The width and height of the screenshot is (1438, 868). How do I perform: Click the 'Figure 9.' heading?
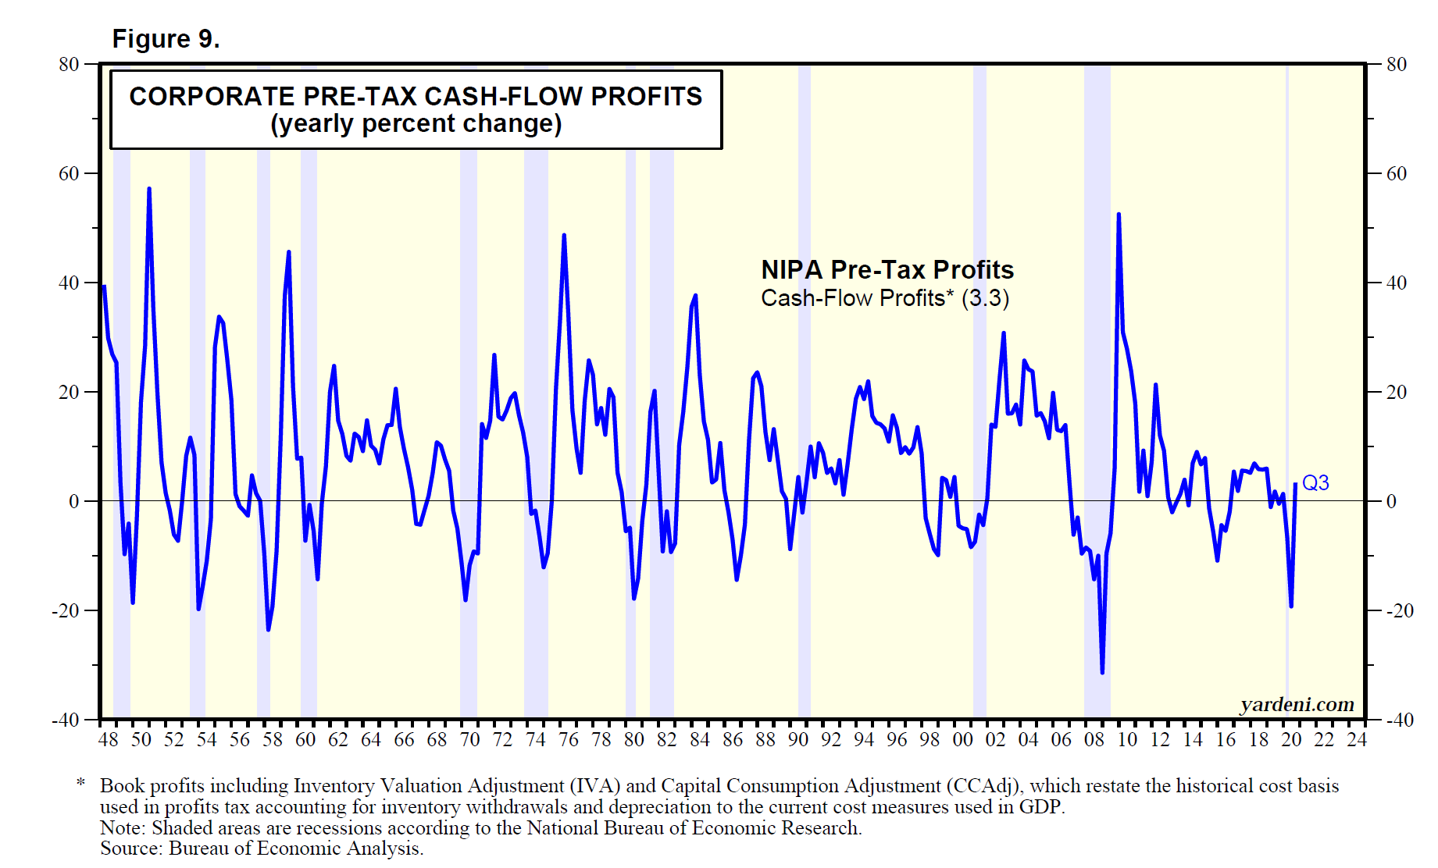[x=166, y=39]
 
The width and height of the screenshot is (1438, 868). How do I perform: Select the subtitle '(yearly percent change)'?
[x=416, y=124]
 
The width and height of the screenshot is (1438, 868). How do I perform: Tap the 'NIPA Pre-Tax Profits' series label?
[x=887, y=270]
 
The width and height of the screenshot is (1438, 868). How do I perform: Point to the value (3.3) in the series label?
[x=985, y=298]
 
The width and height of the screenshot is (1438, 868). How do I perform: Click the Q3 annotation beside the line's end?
[x=1315, y=483]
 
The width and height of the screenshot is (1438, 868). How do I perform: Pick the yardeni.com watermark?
[x=1297, y=705]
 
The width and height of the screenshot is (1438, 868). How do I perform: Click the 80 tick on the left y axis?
[x=69, y=65]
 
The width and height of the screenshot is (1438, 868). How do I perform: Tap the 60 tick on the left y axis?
[x=69, y=174]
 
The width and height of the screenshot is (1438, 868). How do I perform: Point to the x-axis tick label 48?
[x=108, y=740]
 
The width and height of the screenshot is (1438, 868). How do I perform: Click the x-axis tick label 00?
[x=962, y=740]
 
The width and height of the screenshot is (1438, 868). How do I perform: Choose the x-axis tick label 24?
[x=1357, y=740]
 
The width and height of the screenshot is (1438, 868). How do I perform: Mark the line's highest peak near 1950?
[x=149, y=189]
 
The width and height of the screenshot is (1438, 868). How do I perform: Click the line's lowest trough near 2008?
[x=1102, y=672]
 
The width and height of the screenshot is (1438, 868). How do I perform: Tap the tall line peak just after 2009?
[x=1119, y=215]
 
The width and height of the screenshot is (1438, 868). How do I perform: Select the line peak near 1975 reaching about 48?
[x=564, y=236]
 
